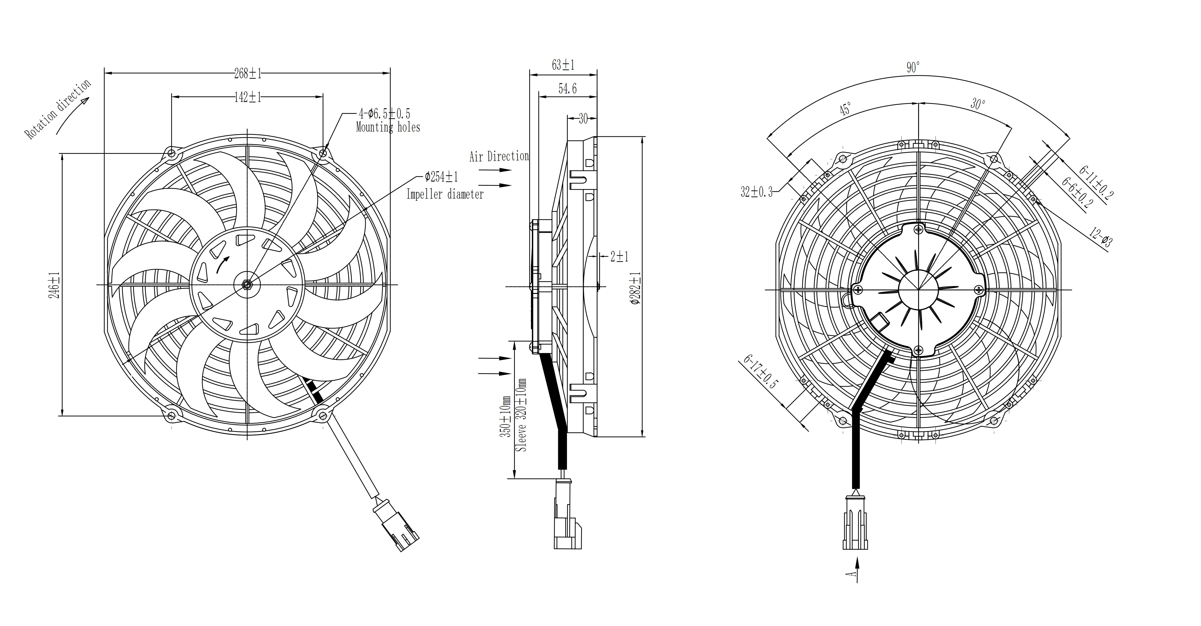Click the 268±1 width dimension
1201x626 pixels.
click(248, 73)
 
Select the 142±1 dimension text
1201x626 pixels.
click(248, 97)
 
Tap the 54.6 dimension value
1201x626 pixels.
click(567, 89)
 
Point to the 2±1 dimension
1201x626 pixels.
click(620, 256)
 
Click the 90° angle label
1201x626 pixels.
click(913, 68)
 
